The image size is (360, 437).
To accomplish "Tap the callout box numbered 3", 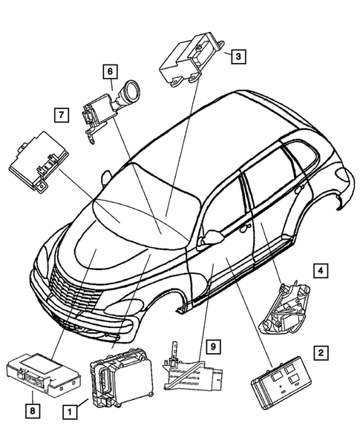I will [238, 55].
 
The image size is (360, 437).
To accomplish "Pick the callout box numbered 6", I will [109, 71].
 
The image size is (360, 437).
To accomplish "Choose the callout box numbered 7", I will [61, 114].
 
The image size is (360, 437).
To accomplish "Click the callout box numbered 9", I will [212, 346].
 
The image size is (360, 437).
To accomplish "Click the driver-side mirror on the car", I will [214, 237].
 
